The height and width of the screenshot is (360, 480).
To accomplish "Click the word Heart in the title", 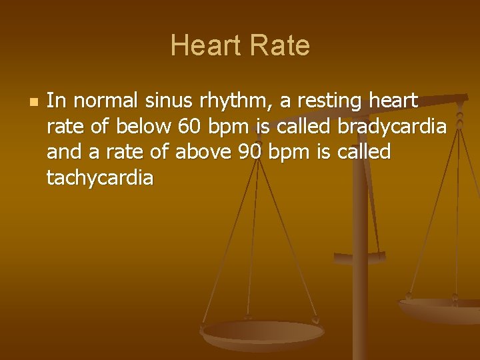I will pyautogui.click(x=205, y=45).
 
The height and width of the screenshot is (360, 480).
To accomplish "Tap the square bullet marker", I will pyautogui.click(x=33, y=103).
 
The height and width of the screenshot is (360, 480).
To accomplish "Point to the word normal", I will pyautogui.click(x=105, y=101).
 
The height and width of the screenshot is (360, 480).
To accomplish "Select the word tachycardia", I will pyautogui.click(x=100, y=178).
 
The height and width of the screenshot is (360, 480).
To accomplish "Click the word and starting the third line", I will pyautogui.click(x=63, y=152).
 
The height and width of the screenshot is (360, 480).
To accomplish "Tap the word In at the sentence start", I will pyautogui.click(x=56, y=101).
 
